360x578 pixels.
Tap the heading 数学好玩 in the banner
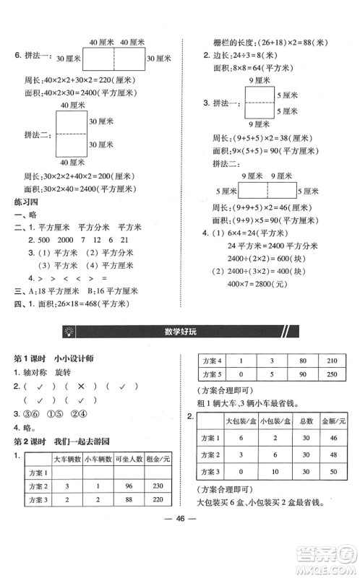click(180, 332)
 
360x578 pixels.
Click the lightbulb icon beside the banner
click(69, 332)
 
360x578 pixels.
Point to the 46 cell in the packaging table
click(333, 438)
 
